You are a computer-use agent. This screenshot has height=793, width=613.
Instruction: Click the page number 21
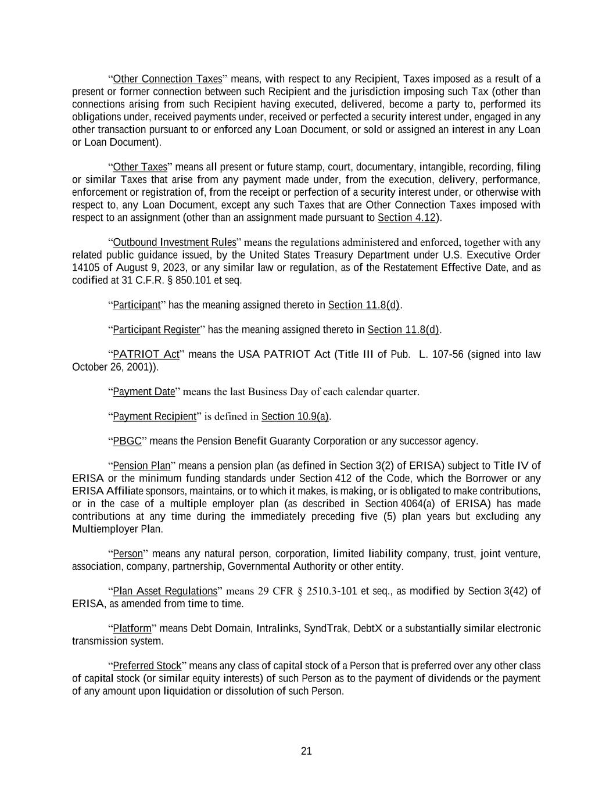[x=306, y=751]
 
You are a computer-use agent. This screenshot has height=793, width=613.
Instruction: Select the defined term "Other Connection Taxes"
[x=167, y=79]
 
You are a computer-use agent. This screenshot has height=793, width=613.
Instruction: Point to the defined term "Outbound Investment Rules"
[x=174, y=242]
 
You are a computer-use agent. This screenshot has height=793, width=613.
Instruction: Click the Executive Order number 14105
[x=86, y=268]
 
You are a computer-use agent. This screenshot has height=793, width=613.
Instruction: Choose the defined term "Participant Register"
[x=156, y=330]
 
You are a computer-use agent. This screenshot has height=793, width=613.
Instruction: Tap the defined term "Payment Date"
[x=144, y=392]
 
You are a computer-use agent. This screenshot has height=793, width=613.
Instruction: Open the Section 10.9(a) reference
[x=295, y=417]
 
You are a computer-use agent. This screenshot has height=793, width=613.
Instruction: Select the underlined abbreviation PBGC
[x=127, y=441]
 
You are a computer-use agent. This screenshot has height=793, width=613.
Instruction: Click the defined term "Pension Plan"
[x=141, y=466]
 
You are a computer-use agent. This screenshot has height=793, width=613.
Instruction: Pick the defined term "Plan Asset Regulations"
[x=164, y=591]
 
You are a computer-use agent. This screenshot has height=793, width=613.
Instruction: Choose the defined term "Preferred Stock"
[x=147, y=666]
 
